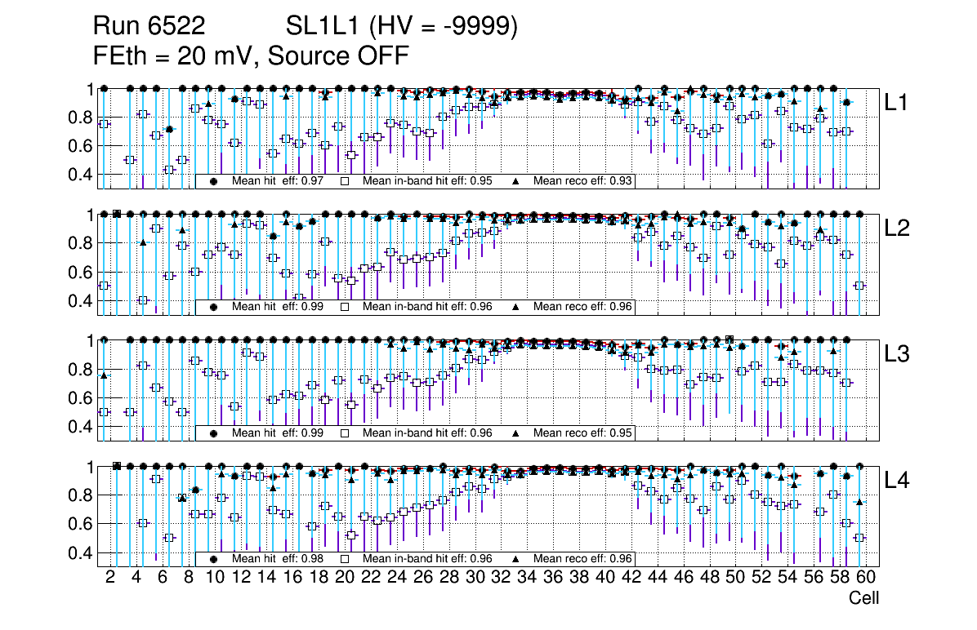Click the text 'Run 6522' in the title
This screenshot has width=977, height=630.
click(149, 27)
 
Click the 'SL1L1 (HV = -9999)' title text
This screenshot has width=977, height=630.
click(402, 27)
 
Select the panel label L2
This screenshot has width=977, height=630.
click(898, 228)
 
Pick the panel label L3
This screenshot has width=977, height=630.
click(898, 354)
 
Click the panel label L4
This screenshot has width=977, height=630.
click(898, 481)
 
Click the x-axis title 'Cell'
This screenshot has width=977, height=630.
click(863, 598)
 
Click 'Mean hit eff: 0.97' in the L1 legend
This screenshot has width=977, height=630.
click(278, 181)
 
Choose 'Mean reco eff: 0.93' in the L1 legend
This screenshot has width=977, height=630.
click(582, 181)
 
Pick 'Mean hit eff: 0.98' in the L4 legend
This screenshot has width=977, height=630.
click(278, 559)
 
